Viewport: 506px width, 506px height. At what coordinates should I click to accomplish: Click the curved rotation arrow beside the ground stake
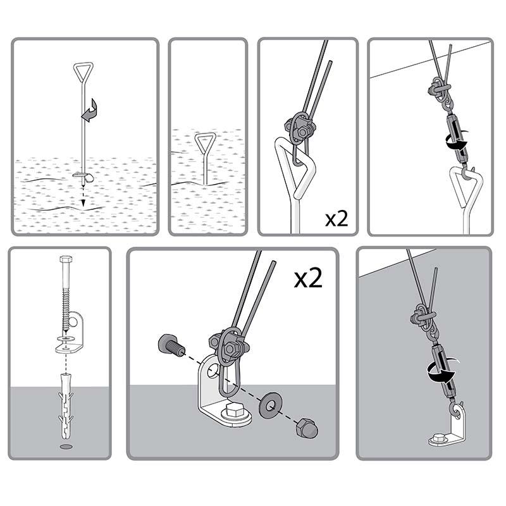point(90,111)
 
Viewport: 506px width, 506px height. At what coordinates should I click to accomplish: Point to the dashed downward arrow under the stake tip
point(83,196)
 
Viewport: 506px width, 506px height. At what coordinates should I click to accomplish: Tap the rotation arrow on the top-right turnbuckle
point(456,140)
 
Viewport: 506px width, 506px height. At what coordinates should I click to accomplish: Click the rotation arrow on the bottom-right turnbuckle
point(441,371)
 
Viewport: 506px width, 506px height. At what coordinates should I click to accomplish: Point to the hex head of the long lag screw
point(66,259)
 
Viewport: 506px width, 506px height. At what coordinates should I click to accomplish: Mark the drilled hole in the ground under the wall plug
point(66,447)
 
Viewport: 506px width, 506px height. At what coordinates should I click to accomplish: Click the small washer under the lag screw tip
point(66,339)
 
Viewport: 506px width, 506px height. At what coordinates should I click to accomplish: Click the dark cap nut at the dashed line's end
point(307,428)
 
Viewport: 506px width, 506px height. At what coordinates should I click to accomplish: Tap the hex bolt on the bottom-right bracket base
point(439,438)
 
